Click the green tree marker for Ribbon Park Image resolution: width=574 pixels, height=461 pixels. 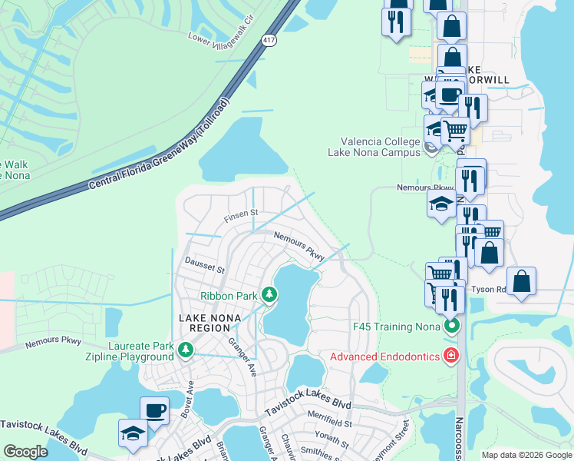point(269,294)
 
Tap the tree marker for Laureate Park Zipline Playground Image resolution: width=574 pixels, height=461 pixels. point(185,350)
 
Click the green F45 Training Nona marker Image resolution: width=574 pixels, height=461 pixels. point(452,326)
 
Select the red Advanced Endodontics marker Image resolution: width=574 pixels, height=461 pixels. point(452,356)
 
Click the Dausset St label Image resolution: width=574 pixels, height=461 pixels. point(205,269)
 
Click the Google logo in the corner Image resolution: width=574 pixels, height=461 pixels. point(26,452)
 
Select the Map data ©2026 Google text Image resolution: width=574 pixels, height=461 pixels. point(526,455)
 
